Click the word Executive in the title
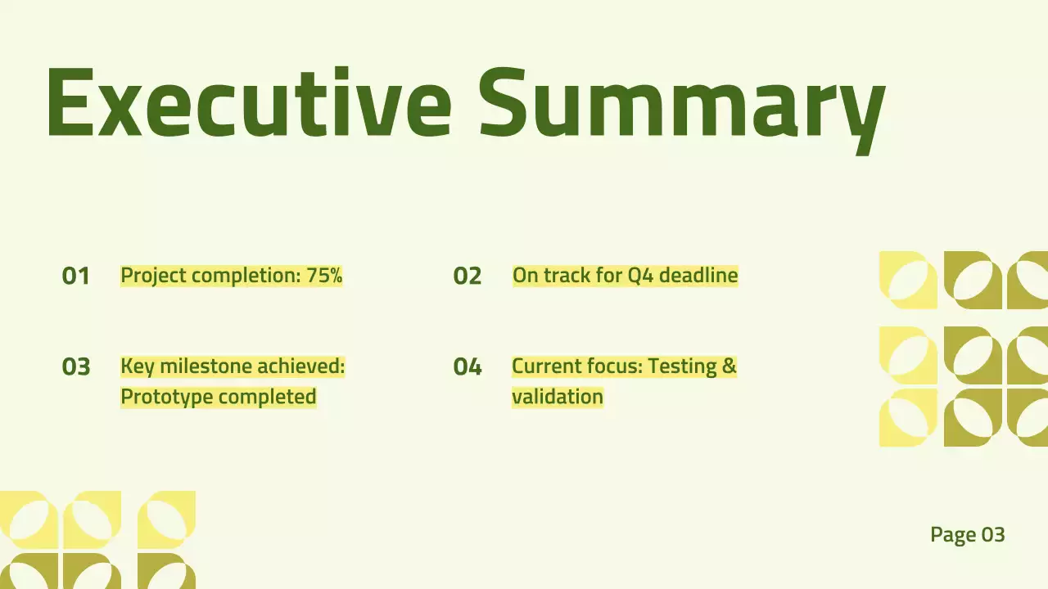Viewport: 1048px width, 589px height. [249, 102]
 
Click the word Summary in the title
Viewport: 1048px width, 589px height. [682, 110]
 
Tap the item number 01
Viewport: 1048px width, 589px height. [75, 276]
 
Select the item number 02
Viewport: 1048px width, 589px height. [467, 276]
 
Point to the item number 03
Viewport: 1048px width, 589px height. [76, 366]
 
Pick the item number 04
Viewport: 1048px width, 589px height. [467, 366]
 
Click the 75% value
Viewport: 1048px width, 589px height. [325, 276]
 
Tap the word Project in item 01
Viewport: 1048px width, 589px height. [154, 277]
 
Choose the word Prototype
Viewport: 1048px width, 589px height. [167, 398]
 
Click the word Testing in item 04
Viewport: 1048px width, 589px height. [682, 367]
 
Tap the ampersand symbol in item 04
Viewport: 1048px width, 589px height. [730, 366]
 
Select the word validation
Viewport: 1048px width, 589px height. [558, 397]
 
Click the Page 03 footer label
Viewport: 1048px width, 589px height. [968, 535]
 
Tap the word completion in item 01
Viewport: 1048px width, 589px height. [246, 276]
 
